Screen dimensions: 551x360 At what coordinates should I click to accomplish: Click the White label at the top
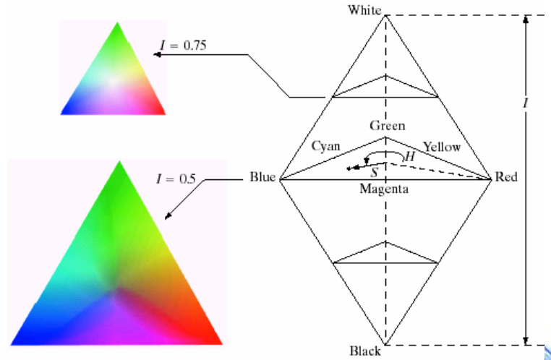point(364,10)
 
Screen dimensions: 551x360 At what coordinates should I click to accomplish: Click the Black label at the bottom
point(365,351)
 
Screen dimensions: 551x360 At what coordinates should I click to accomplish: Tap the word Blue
point(262,177)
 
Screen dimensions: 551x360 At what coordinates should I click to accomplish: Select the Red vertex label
point(506,177)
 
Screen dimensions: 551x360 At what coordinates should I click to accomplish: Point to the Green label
point(388,125)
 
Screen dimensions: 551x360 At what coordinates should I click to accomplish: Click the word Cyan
point(325,145)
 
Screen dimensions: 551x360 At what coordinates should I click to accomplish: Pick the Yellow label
point(442,147)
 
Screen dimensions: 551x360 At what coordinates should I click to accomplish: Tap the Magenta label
point(384,189)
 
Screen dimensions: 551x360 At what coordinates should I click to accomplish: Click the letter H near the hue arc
point(410,157)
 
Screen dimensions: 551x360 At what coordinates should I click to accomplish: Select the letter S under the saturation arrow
point(375,172)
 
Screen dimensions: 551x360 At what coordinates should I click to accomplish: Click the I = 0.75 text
point(183,46)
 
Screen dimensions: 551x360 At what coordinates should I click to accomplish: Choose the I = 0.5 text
point(176,179)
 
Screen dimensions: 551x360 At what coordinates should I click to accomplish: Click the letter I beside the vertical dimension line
point(526,103)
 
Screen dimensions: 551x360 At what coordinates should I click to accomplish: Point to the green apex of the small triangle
point(117,25)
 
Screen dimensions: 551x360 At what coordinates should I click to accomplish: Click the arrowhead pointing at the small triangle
point(157,54)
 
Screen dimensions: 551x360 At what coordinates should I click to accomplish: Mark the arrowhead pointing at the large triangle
point(168,216)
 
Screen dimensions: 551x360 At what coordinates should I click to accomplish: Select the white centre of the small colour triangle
point(113,81)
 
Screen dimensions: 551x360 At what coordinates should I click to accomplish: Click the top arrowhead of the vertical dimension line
point(526,19)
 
